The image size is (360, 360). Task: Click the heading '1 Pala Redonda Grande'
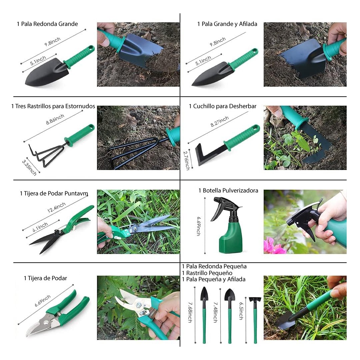coord(47,24)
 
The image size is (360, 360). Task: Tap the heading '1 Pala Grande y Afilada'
coord(227,24)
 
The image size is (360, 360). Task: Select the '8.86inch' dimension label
coord(55,119)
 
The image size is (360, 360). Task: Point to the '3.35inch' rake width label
coord(29,168)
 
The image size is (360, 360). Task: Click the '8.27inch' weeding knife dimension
coord(220,121)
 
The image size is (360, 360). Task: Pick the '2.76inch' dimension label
coord(186,160)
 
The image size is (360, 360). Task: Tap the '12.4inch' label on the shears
coord(56,207)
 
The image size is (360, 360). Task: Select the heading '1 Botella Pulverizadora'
coord(228,190)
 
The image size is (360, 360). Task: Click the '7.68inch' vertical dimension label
coord(190,312)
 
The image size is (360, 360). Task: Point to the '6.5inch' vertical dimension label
coord(241,311)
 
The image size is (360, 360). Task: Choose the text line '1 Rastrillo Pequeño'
coord(207,273)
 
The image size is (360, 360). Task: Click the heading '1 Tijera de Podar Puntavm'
coord(54,193)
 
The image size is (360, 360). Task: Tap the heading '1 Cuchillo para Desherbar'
coord(222,106)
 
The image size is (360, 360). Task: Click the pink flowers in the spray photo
coord(275,246)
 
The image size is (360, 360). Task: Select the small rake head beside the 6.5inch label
coord(255,299)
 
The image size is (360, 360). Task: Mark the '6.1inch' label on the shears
coord(40,227)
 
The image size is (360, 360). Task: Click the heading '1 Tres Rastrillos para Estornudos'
coord(53,106)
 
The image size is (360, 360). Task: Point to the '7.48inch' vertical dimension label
coord(215,312)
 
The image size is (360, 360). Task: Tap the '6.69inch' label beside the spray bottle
coord(199,226)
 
